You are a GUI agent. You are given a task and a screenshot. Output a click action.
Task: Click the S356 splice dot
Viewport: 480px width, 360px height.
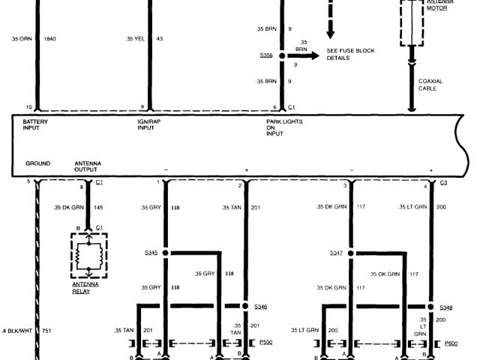[282, 55]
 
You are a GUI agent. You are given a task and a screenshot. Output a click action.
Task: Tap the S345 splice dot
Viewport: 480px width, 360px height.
[165, 253]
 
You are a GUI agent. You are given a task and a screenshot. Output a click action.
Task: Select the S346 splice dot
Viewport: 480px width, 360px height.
[245, 306]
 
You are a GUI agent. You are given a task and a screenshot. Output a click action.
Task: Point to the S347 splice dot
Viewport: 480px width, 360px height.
[351, 253]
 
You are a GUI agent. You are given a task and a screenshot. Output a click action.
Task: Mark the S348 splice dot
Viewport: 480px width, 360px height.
[430, 307]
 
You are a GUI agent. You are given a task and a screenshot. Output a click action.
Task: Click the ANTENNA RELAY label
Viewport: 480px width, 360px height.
[85, 288]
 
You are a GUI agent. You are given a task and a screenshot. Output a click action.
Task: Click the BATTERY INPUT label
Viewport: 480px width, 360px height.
[35, 124]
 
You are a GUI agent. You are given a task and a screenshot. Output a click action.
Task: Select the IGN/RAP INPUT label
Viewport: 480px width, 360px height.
[149, 124]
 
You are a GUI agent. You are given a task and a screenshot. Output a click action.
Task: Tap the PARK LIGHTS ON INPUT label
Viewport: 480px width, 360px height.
[284, 127]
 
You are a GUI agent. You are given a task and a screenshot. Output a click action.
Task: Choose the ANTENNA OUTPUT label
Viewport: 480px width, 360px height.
[88, 166]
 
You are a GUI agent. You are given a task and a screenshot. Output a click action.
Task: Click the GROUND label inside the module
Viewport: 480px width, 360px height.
[37, 163]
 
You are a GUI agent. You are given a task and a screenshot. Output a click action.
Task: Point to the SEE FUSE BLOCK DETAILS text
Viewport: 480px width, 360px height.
[350, 54]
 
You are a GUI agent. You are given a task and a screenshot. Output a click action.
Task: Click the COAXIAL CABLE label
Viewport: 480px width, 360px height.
[430, 85]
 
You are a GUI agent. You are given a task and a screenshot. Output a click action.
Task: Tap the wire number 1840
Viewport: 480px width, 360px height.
[50, 39]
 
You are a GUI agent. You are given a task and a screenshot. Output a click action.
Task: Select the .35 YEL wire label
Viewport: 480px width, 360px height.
[135, 38]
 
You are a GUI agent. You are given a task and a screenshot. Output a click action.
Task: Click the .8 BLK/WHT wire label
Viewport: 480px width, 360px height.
[17, 331]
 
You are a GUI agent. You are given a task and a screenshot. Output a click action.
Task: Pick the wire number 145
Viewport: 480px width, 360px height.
[98, 208]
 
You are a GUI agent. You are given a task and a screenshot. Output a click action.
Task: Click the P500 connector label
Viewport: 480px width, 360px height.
[265, 342]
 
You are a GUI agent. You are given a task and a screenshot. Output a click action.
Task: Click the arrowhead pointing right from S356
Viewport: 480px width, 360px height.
[315, 55]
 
